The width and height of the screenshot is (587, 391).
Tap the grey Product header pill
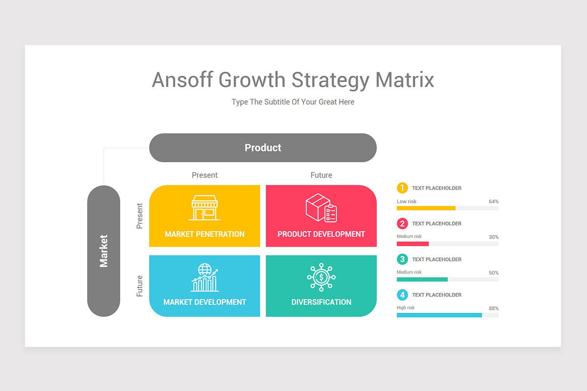(x=263, y=148)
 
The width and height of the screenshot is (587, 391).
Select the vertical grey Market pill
(x=104, y=251)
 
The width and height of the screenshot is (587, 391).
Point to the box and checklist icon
(x=321, y=208)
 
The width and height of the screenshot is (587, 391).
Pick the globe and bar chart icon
(x=204, y=278)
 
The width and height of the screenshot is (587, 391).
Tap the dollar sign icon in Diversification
(x=321, y=278)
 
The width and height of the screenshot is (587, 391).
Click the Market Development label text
(x=204, y=302)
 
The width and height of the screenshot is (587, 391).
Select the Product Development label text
(x=321, y=234)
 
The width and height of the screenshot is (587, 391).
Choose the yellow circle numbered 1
(x=402, y=188)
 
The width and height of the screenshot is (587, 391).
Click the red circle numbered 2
(x=402, y=224)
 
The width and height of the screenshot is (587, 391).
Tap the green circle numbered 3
(x=402, y=260)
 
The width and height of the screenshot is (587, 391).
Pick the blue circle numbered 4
(x=402, y=295)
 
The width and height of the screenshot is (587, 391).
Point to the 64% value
(x=494, y=201)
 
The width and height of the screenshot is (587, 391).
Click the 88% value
(x=494, y=308)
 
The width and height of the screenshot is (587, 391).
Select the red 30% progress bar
(x=413, y=243)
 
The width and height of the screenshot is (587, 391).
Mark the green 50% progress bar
(x=422, y=280)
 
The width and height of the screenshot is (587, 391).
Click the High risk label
(x=406, y=307)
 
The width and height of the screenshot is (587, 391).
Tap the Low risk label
(x=406, y=201)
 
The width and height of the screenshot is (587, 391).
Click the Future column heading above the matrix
(x=321, y=175)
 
